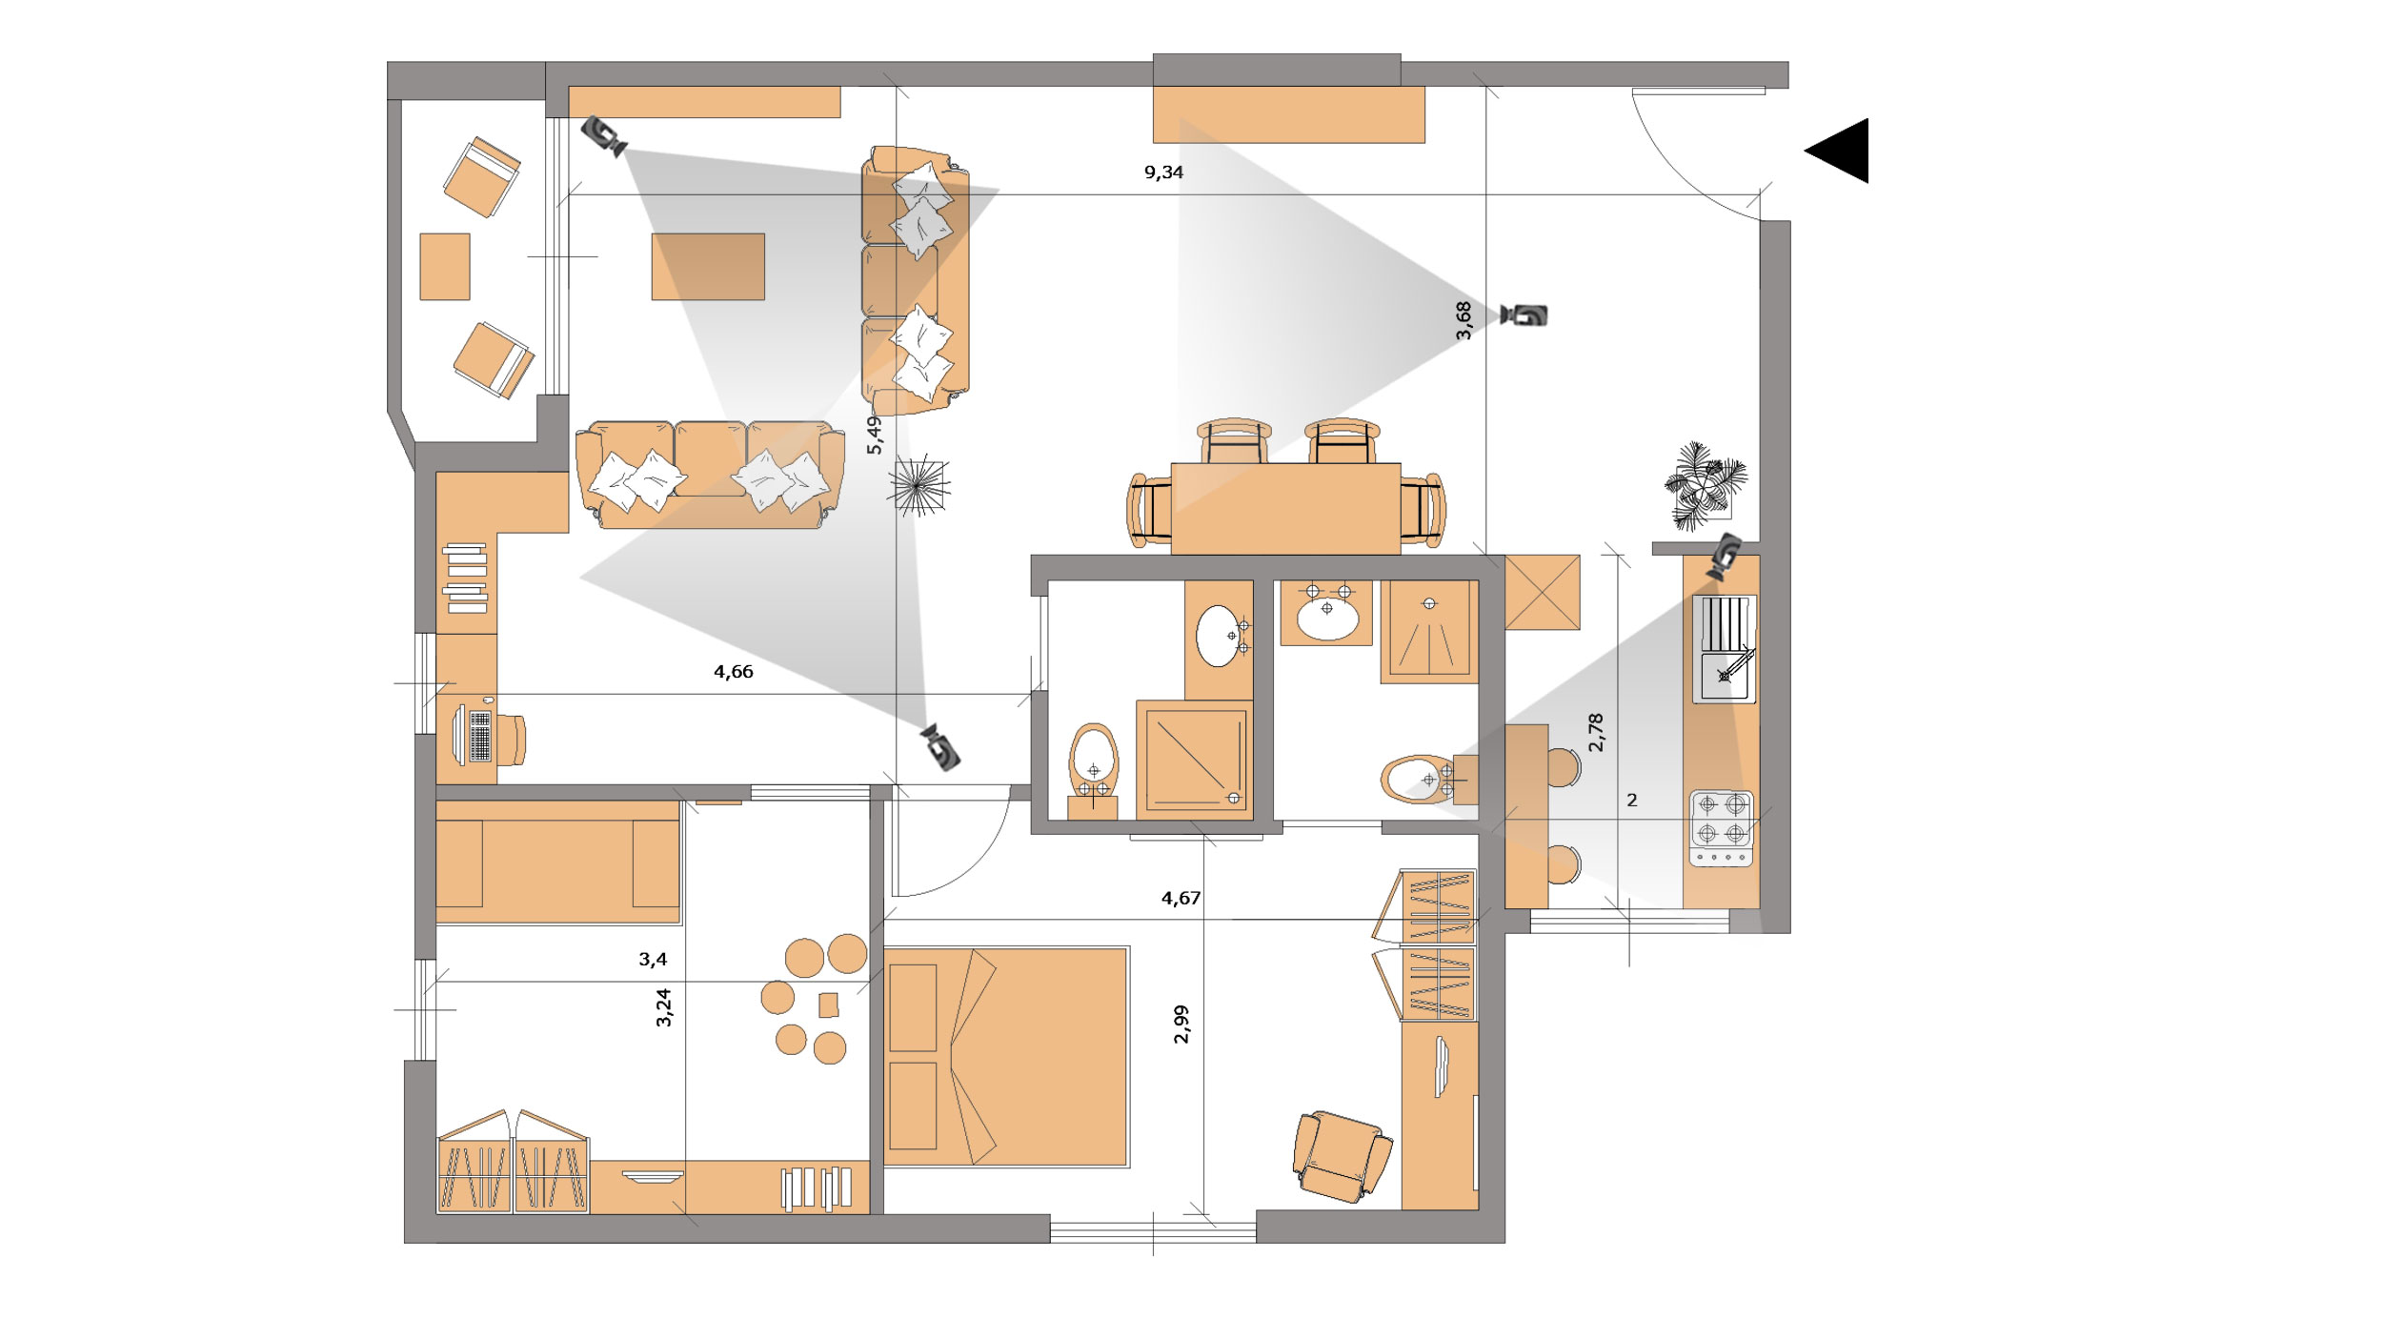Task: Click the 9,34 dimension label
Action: [1163, 173]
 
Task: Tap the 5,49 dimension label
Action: [874, 435]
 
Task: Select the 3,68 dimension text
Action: [1464, 320]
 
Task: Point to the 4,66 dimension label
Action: [734, 672]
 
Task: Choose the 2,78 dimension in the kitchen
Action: [1596, 732]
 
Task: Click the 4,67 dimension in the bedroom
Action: [1181, 898]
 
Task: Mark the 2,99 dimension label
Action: [1181, 1024]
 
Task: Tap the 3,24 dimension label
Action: [664, 1006]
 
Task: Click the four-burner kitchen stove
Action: [1722, 828]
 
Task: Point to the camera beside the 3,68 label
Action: [1524, 315]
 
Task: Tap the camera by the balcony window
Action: [604, 135]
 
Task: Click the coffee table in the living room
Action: [708, 267]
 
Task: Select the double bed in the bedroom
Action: [1006, 1056]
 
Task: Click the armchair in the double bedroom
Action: [1342, 1156]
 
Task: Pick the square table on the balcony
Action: [445, 267]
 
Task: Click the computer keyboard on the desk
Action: [480, 736]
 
